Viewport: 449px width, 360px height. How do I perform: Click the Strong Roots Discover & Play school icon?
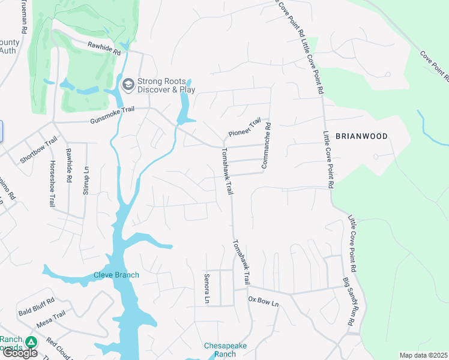point(127,85)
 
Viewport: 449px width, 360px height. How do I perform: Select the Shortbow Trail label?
point(38,150)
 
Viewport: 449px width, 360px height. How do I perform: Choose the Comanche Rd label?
point(265,145)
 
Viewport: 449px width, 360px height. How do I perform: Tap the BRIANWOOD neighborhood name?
point(361,136)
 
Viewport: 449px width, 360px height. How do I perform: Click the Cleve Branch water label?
point(116,275)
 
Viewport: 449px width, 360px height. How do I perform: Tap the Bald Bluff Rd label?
point(36,305)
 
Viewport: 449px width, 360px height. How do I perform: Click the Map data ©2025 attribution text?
point(423,355)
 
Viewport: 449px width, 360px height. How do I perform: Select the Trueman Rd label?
point(23,16)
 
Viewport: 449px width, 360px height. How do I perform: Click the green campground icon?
point(31,342)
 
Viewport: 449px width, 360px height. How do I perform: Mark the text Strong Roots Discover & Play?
point(166,85)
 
